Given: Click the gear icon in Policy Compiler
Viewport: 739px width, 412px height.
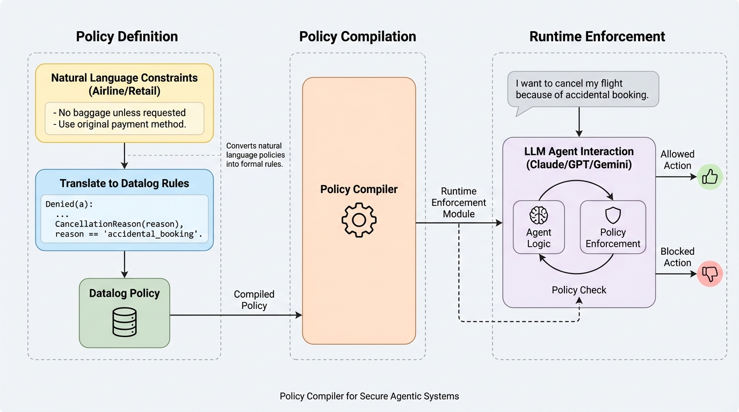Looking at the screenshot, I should [359, 220].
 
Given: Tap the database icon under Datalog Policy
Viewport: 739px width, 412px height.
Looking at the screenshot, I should [124, 321].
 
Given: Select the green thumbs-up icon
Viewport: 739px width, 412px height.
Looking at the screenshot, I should [709, 177].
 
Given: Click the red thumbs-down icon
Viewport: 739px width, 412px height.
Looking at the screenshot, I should [709, 274].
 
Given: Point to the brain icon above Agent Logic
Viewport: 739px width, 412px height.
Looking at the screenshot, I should [538, 215].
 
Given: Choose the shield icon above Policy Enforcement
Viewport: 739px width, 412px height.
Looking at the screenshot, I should [613, 215].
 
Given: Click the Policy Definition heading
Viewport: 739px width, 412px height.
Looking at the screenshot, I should [127, 36].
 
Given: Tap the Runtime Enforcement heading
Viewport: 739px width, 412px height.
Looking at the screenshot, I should [597, 36].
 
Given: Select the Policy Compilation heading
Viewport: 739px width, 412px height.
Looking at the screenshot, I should [358, 36].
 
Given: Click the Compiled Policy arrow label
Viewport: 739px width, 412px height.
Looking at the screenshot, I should [254, 300].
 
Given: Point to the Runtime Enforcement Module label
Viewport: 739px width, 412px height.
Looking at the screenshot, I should [459, 203].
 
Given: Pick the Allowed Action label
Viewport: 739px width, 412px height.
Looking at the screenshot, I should [677, 160].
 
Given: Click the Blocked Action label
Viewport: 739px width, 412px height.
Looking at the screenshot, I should [677, 257].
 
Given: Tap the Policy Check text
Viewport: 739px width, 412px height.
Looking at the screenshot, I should [579, 290].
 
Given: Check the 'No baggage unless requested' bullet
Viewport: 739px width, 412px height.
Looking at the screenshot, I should [119, 113].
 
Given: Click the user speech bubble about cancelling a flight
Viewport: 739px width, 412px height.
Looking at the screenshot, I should [583, 89].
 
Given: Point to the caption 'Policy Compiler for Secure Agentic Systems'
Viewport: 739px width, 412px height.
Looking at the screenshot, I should [369, 396].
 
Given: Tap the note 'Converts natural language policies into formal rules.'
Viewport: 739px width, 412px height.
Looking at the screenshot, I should [254, 155].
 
